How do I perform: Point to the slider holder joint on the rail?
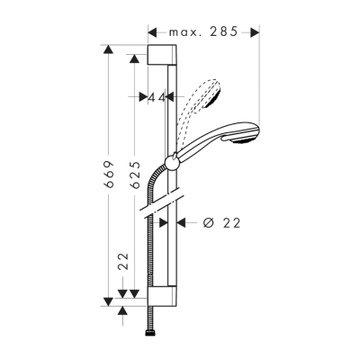(173, 162)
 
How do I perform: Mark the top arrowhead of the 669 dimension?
(109, 49)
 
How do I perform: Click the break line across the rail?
(163, 200)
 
